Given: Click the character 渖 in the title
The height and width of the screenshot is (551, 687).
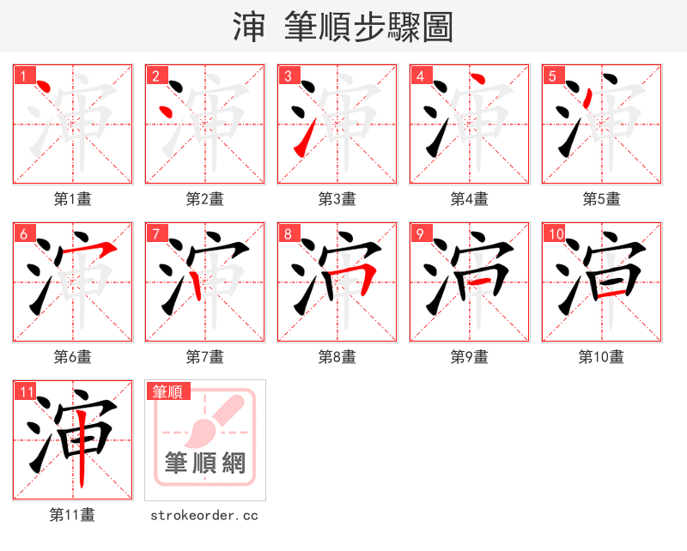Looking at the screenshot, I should (249, 27).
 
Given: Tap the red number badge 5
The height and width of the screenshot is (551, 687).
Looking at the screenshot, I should (552, 76).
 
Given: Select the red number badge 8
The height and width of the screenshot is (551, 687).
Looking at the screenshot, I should (288, 233).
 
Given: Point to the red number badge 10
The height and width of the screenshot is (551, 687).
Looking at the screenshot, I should (555, 233).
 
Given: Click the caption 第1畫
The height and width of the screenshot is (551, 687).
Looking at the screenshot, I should (73, 199).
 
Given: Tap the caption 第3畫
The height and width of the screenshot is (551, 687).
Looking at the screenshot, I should (337, 199).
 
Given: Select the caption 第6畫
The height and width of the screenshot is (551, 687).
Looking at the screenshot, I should (73, 357).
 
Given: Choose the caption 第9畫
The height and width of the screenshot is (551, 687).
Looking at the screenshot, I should (470, 357).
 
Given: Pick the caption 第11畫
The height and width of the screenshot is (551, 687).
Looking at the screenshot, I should (73, 515).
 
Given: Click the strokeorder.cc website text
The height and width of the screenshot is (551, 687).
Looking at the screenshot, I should (204, 515).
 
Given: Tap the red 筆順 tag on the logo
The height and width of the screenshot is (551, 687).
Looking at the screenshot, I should (167, 391).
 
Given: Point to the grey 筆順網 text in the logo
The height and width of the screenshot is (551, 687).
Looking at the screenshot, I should (205, 463).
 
